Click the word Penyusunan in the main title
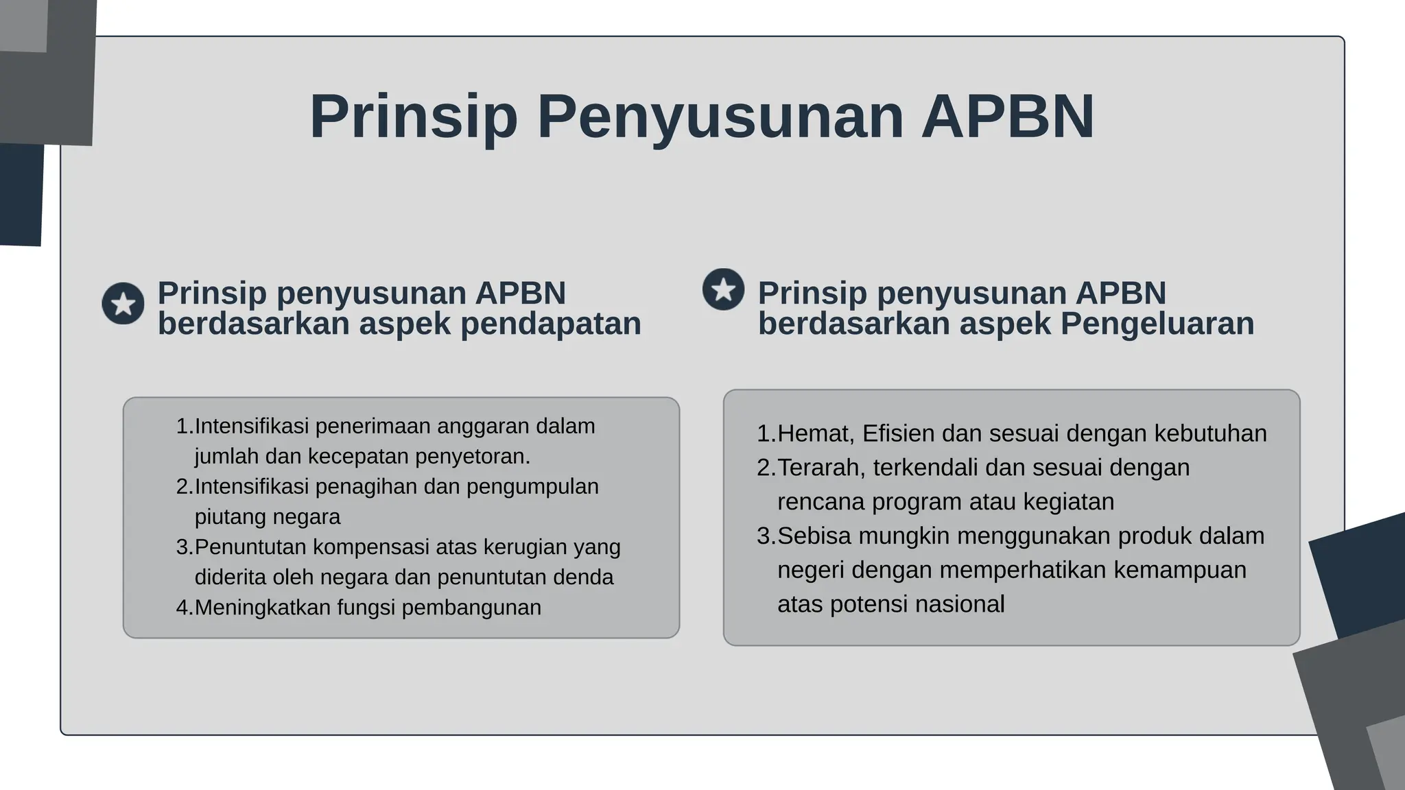tap(720, 117)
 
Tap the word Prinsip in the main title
tap(413, 117)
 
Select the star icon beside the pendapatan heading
tap(123, 303)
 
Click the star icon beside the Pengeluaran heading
tap(723, 289)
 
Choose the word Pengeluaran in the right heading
tap(1157, 324)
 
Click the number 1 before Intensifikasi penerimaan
tap(182, 427)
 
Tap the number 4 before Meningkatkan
tap(182, 608)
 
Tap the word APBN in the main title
tap(1007, 117)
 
